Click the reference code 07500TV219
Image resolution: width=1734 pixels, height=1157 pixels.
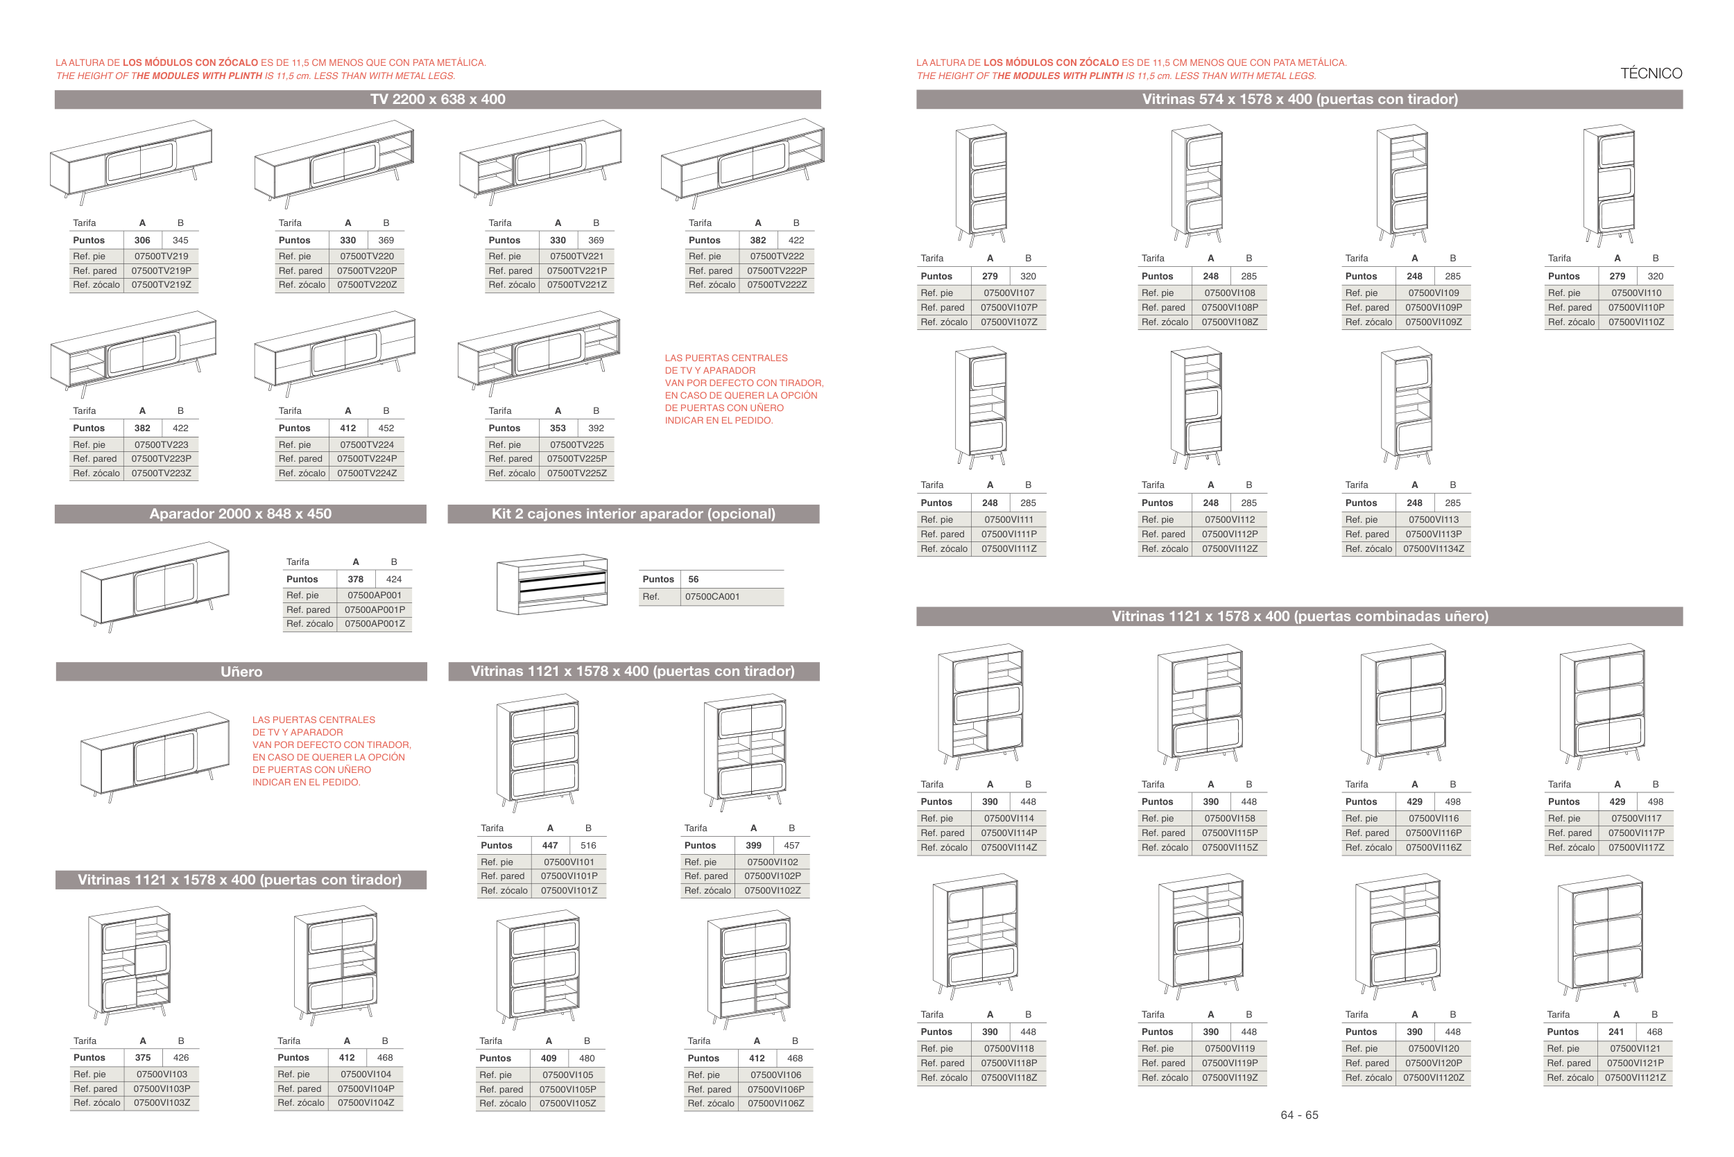(161, 256)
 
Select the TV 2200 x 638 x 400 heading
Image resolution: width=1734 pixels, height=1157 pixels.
(438, 100)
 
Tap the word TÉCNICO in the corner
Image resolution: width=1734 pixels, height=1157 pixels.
(1651, 73)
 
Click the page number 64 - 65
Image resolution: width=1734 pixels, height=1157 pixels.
(1298, 1115)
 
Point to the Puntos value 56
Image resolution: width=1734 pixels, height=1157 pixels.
(693, 580)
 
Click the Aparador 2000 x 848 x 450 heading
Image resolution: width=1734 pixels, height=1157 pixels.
(241, 514)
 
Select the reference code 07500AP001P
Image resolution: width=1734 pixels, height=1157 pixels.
(375, 609)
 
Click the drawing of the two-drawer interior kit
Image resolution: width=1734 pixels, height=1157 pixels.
(552, 584)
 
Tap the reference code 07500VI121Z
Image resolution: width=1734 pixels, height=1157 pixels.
(1634, 1077)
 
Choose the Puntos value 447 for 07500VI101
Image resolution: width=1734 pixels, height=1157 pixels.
(550, 846)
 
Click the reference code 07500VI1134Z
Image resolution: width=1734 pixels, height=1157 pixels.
(1433, 549)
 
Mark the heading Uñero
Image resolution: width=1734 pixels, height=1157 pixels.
(241, 672)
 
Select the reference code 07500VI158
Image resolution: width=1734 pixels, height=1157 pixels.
(1229, 818)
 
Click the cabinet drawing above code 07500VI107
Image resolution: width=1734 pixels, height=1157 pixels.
(981, 184)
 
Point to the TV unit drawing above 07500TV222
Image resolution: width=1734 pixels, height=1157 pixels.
(743, 166)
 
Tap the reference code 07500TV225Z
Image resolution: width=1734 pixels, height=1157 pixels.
(576, 473)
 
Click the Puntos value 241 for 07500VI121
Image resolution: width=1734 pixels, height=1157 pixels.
(1616, 1032)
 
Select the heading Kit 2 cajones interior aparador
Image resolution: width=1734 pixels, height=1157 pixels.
(633, 514)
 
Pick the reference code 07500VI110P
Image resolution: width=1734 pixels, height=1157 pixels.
(1636, 308)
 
